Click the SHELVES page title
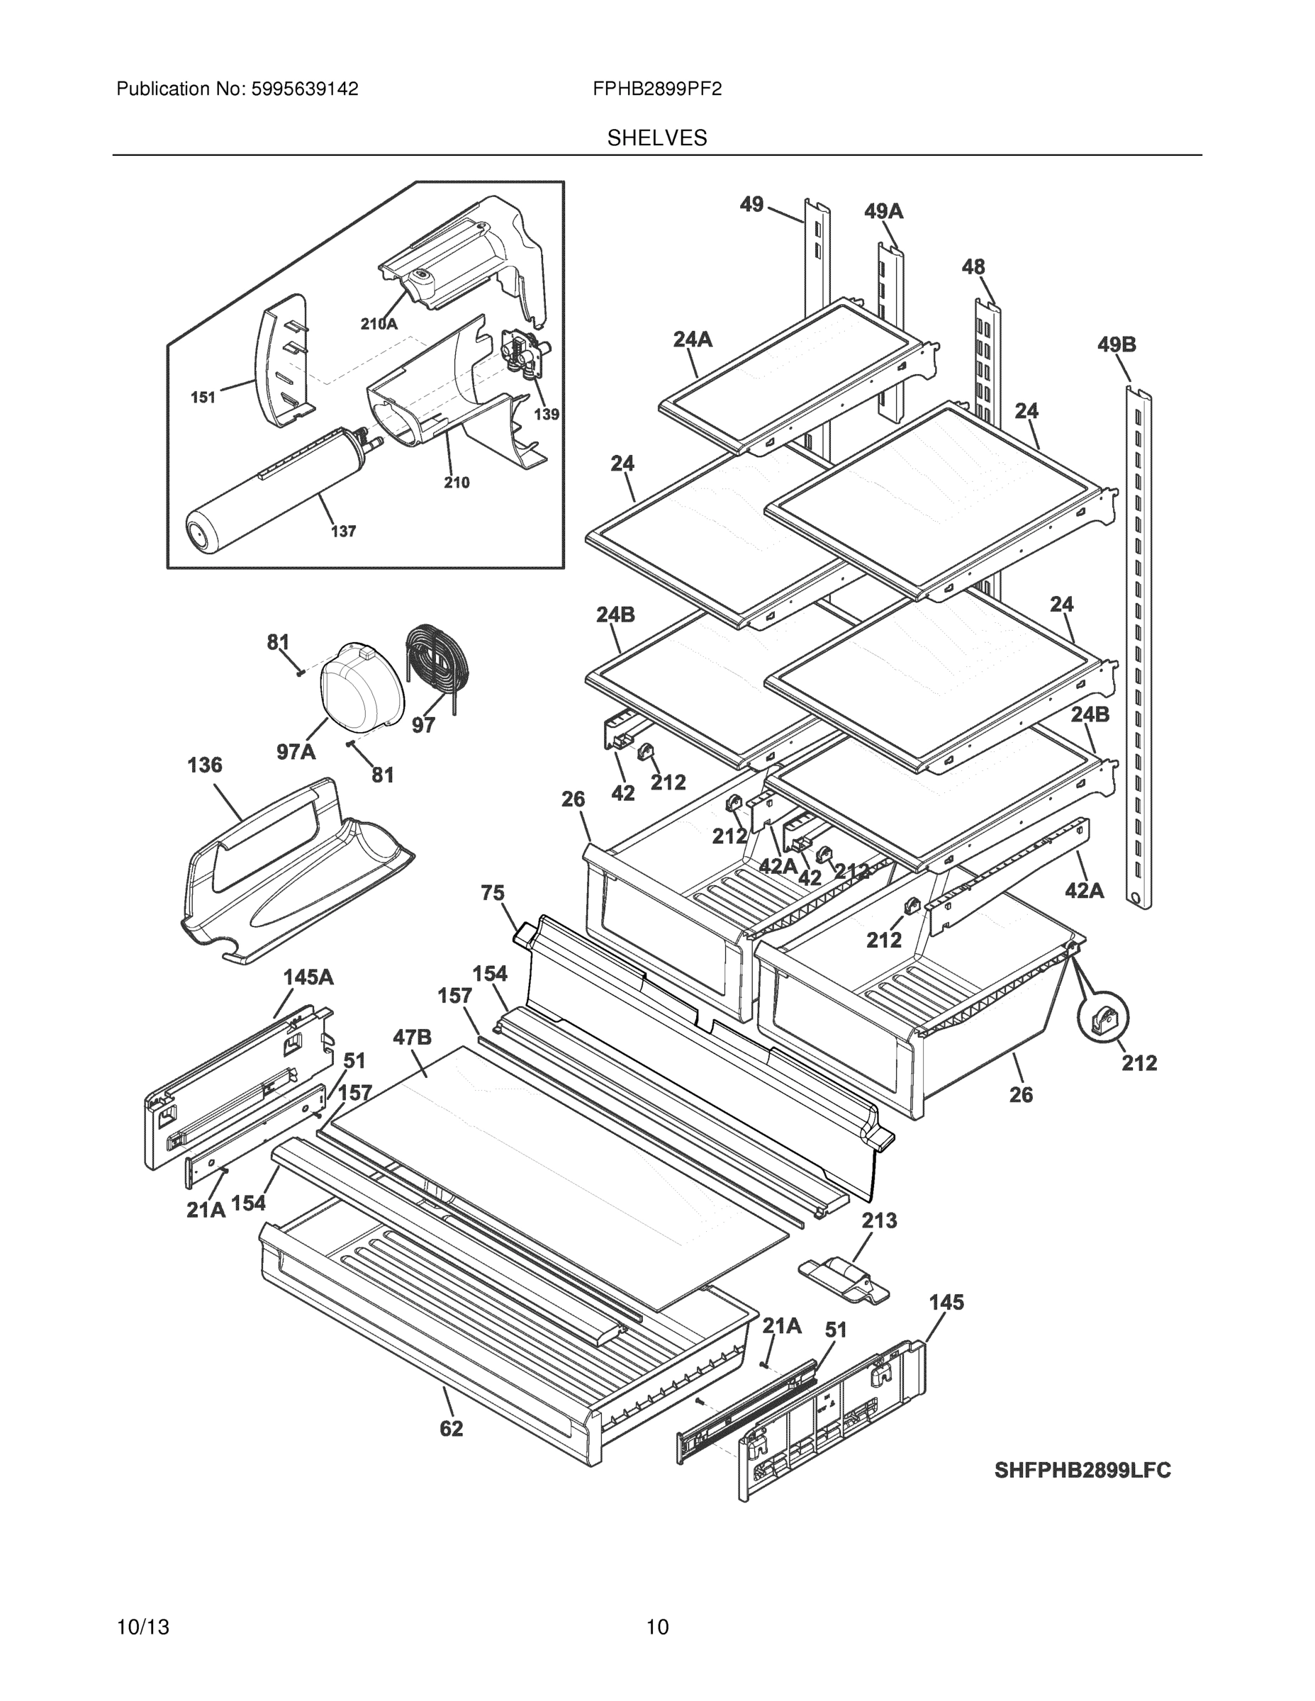(x=656, y=138)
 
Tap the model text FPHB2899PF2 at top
(x=656, y=89)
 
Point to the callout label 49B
(x=1117, y=344)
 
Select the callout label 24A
(x=693, y=339)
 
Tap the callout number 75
(x=493, y=892)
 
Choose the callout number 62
(x=451, y=1428)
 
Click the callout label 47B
(x=411, y=1038)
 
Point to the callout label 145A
(x=308, y=977)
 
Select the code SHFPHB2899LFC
(x=1082, y=1470)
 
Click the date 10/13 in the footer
(x=142, y=1627)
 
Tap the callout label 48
(x=973, y=267)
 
